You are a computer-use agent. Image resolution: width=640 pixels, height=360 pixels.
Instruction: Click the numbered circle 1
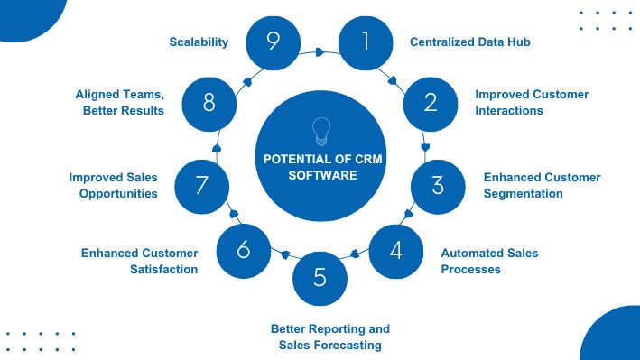366,42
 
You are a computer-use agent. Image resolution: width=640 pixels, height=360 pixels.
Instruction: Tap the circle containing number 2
430,102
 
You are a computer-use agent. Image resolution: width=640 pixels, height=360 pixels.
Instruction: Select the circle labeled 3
438,185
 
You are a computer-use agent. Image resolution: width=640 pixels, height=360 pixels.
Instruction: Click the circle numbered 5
320,278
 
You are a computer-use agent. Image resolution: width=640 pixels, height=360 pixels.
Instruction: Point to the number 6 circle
244,250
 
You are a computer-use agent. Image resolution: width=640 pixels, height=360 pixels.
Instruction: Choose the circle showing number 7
202,185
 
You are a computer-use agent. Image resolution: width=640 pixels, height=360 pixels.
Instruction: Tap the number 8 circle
209,102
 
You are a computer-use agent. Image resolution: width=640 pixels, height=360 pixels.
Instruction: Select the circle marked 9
274,42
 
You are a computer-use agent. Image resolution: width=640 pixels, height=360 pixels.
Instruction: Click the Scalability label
199,42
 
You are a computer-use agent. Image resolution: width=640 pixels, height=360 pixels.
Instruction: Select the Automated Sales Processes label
489,261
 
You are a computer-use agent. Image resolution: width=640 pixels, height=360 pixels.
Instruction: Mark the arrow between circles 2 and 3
425,147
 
